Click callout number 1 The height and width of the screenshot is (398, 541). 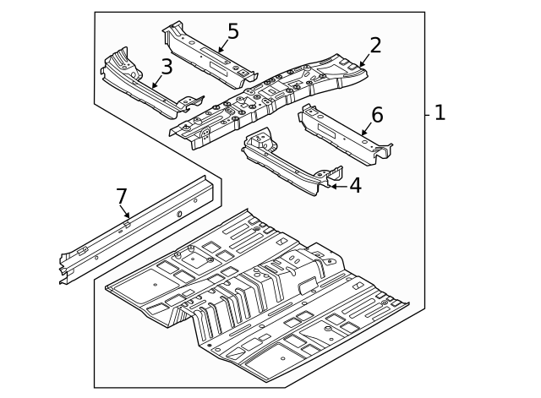pos(440,112)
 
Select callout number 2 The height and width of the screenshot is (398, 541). pos(375,46)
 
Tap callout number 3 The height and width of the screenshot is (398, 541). pos(167,67)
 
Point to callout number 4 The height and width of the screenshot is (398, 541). pos(355,186)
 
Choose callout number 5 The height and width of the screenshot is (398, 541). pos(232,32)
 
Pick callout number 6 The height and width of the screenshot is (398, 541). pos(377,115)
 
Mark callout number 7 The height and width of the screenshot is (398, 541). pos(122,197)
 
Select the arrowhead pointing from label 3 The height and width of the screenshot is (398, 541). pos(153,87)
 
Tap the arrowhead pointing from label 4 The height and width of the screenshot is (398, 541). pos(330,185)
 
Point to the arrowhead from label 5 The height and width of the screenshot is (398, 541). pos(219,51)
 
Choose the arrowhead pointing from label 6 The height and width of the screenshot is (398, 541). pos(362,134)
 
